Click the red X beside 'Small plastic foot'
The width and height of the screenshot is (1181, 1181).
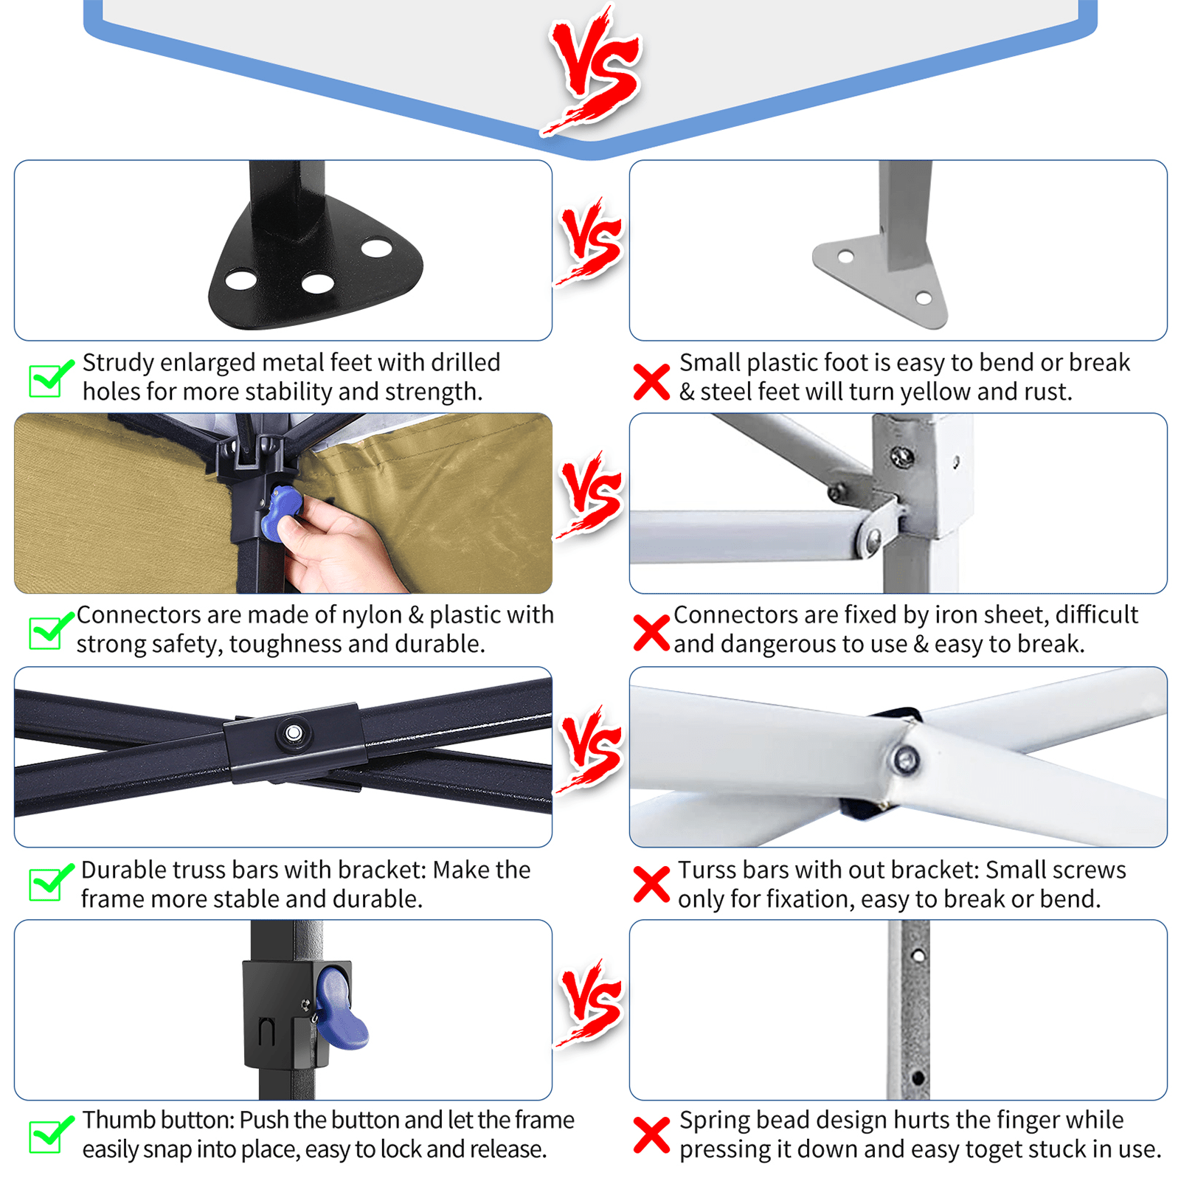651,382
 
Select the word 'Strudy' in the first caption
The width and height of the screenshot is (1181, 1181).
118,363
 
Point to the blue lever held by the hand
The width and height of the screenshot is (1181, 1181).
280,513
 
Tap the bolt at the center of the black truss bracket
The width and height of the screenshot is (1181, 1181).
294,733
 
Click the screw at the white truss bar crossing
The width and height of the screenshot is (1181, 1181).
905,759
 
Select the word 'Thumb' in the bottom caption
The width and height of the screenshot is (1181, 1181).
118,1120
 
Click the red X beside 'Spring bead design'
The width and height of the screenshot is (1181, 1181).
651,1135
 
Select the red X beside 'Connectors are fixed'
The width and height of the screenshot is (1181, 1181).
651,633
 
